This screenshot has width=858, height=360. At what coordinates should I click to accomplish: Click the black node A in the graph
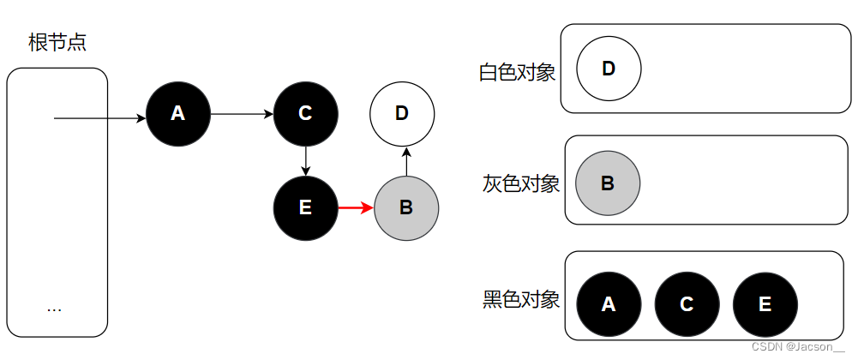click(178, 113)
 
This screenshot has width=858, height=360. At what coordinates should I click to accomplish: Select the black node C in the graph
click(306, 113)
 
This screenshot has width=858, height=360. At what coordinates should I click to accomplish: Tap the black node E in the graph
click(306, 207)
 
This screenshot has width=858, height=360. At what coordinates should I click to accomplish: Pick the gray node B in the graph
click(406, 207)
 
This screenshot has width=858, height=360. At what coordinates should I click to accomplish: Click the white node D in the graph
click(402, 113)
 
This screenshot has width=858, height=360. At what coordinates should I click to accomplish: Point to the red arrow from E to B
click(356, 207)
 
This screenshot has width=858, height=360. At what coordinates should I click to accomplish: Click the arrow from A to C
click(242, 113)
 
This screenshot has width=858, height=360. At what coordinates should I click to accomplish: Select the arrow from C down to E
click(306, 160)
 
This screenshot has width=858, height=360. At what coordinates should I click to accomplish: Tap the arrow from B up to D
click(406, 160)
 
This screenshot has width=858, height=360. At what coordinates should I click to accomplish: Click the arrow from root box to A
click(99, 118)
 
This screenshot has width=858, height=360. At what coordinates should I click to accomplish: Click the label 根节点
click(57, 43)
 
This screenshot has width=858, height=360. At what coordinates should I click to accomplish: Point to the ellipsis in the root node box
click(55, 308)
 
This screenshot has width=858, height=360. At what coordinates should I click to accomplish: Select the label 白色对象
click(517, 72)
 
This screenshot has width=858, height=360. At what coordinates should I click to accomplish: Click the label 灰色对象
click(521, 183)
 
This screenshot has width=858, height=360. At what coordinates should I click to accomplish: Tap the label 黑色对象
click(521, 299)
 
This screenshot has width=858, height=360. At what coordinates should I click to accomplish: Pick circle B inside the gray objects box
click(608, 183)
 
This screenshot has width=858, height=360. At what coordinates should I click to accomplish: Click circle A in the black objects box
click(609, 304)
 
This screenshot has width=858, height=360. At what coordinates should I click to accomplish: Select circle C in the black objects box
click(687, 304)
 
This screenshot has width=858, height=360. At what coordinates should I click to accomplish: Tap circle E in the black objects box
click(765, 304)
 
